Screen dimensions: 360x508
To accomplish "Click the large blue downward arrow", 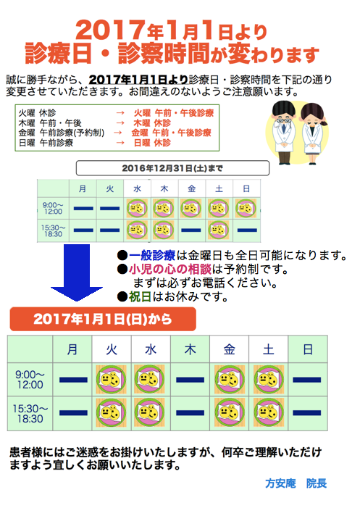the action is pos(77,272).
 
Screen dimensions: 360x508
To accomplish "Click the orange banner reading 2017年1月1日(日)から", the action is pos(103,319).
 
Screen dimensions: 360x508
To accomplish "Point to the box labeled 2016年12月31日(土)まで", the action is pos(172,168).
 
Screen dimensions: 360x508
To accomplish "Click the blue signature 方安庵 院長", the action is pos(296,483).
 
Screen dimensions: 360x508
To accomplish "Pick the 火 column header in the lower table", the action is pos(112,349).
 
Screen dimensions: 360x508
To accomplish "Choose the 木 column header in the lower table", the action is pos(190,349).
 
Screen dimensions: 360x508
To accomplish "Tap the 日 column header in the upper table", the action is pos(246,189).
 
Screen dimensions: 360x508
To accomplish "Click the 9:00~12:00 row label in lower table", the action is pos(30,380).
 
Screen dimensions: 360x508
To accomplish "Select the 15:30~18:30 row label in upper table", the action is pos(53,230).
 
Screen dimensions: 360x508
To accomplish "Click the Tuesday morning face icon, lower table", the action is pos(112,380).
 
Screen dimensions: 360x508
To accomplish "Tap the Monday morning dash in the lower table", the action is pos(73,380).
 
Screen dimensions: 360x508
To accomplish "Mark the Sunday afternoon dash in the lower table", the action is pos(307,413).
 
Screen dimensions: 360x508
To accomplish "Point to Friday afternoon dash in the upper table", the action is pos(191,230).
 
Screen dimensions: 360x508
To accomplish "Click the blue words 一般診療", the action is pos(152,256).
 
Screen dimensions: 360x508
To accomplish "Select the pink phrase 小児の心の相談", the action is pos(170,270).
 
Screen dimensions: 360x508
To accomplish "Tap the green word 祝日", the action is pos(141,296).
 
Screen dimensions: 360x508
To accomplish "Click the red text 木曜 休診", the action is pos(152,123).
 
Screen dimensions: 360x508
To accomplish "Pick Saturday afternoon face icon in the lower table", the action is pos(269,412).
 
